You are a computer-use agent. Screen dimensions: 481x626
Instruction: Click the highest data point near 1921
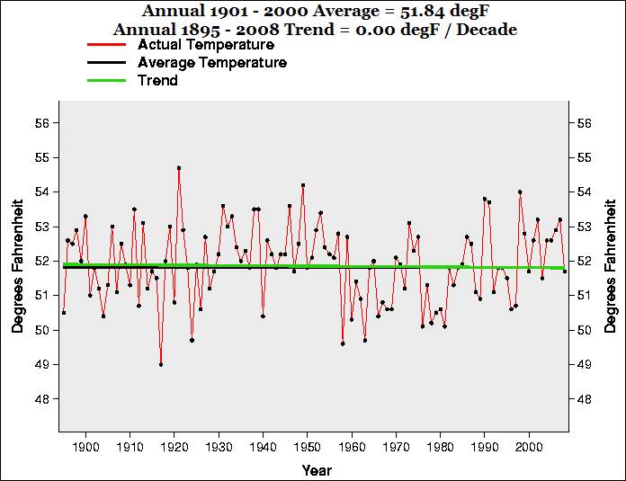179,167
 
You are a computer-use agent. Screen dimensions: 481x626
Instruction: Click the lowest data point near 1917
161,364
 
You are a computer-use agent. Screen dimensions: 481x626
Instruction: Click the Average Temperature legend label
212,63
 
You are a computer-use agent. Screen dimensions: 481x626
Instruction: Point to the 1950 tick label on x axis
308,446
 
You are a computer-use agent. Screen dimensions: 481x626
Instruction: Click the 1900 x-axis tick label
85,446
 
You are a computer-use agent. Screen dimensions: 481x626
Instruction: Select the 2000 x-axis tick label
529,446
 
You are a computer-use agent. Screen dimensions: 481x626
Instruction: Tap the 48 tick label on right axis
583,398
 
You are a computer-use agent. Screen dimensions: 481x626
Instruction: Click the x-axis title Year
317,470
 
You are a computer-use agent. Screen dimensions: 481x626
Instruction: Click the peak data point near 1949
303,185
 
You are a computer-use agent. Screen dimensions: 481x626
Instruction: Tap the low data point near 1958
343,343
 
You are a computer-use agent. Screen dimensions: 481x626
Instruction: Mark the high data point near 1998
520,192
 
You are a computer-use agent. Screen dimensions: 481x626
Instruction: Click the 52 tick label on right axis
583,261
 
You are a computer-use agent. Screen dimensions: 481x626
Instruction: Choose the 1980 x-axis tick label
440,446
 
